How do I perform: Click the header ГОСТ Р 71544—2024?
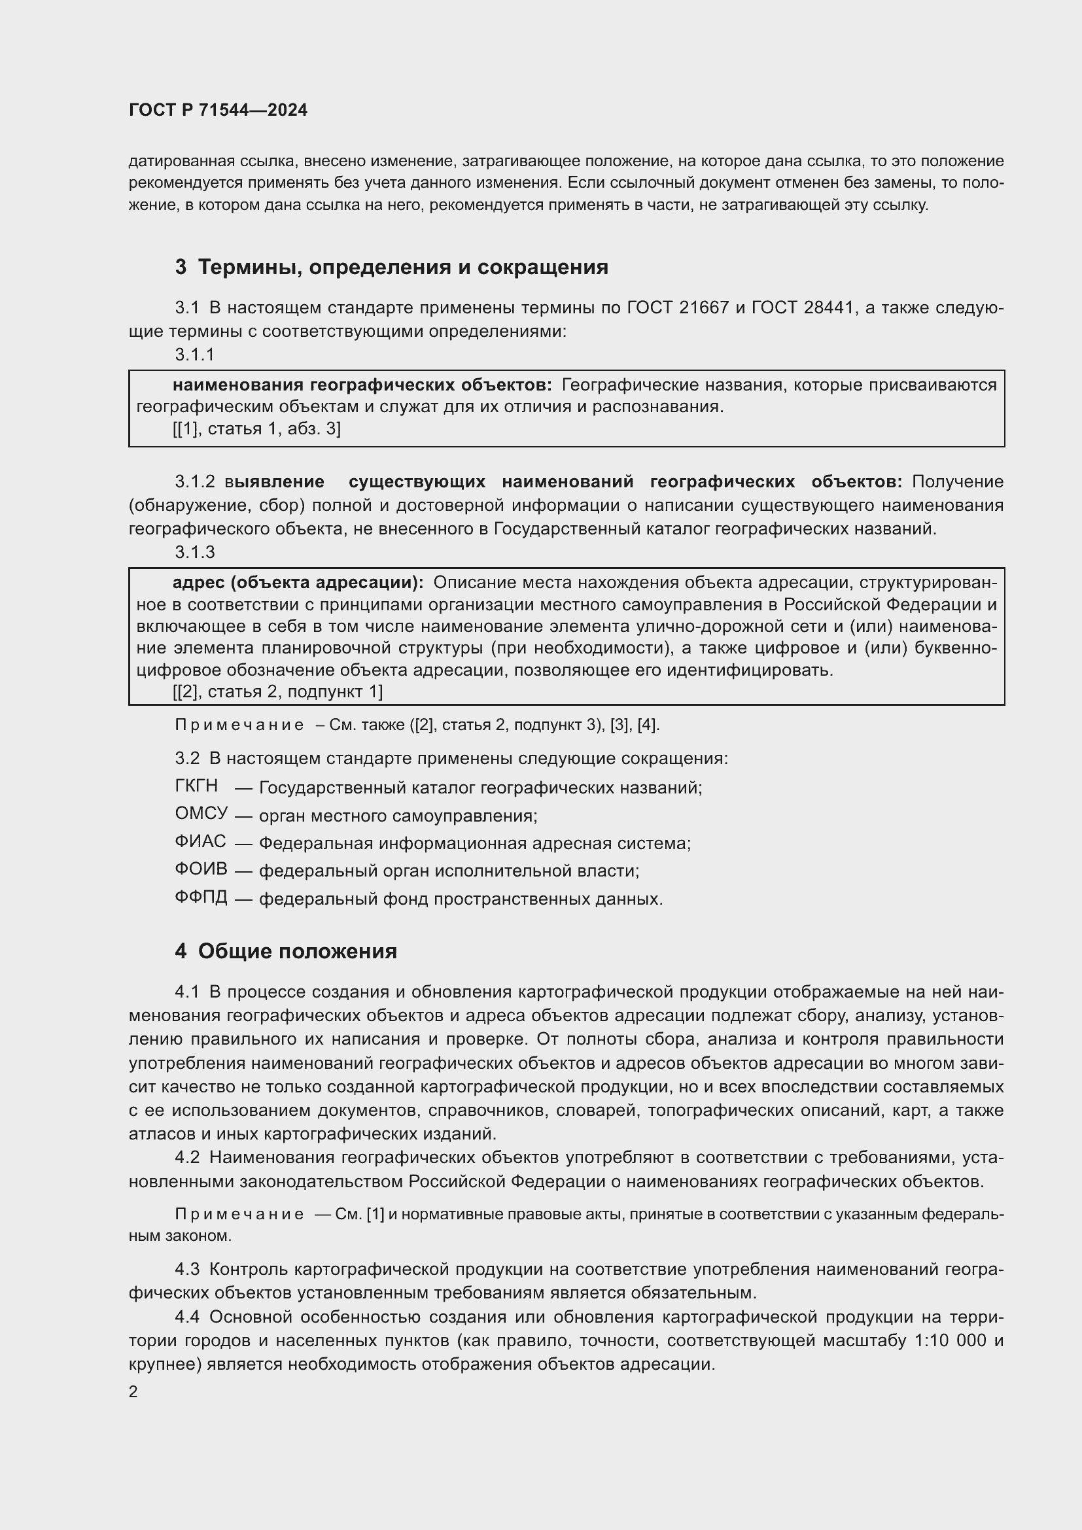(x=218, y=110)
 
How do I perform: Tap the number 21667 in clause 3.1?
(x=705, y=308)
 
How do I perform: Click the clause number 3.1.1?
(x=194, y=355)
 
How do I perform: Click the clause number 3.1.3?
(x=194, y=552)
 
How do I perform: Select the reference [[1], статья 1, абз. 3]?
(x=256, y=428)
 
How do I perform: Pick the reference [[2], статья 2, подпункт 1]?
(x=277, y=691)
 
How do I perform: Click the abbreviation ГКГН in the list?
(x=196, y=786)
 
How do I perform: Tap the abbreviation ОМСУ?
(x=201, y=814)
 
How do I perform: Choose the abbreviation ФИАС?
(x=200, y=842)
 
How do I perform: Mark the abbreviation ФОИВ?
(x=201, y=869)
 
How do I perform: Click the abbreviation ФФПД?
(x=201, y=897)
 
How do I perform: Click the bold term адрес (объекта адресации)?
(x=297, y=583)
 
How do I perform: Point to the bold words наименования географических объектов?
(x=362, y=385)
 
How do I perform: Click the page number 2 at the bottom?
(x=133, y=1392)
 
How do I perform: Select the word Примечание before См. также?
(x=239, y=725)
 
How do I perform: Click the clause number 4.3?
(x=186, y=1269)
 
